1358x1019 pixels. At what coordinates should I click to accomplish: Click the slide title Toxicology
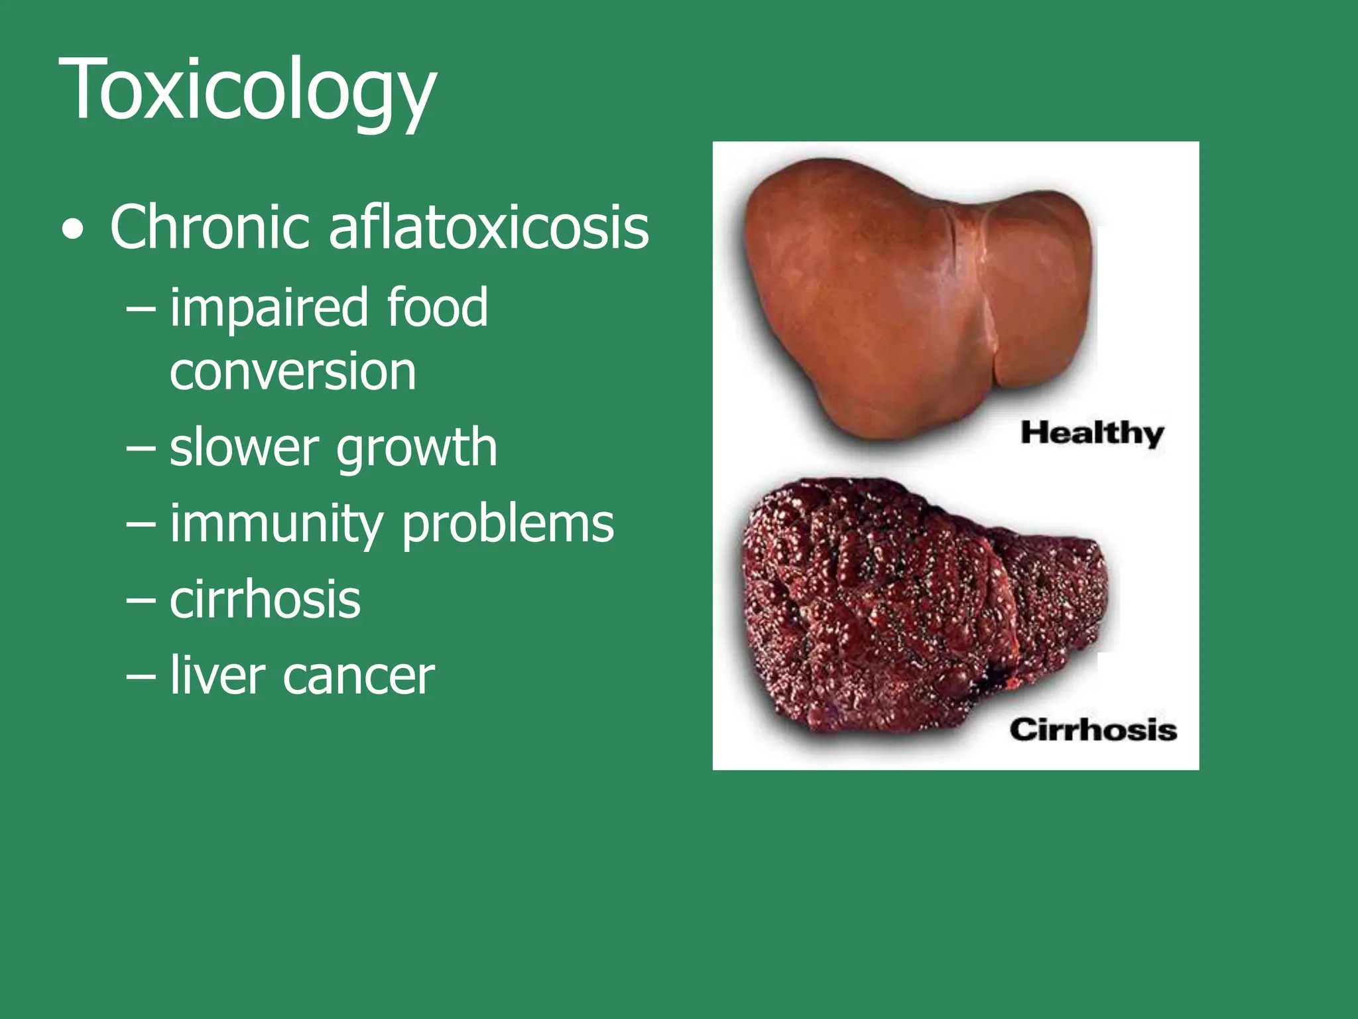coord(247,90)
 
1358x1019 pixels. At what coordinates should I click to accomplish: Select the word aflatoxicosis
coord(489,228)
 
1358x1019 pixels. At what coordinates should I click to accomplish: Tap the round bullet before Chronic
coord(73,230)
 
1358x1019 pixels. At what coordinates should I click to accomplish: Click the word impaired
coord(269,308)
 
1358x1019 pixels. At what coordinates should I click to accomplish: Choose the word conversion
coord(292,372)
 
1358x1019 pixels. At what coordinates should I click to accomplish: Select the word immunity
coord(277,525)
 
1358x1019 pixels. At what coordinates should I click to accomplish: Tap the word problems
coord(508,525)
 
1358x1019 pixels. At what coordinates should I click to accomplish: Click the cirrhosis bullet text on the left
coord(265,600)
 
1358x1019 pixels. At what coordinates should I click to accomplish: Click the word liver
coord(217,675)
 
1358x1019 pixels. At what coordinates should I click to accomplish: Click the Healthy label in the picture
coord(1092,434)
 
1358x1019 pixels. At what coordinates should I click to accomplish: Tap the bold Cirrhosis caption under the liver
coord(1093,730)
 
